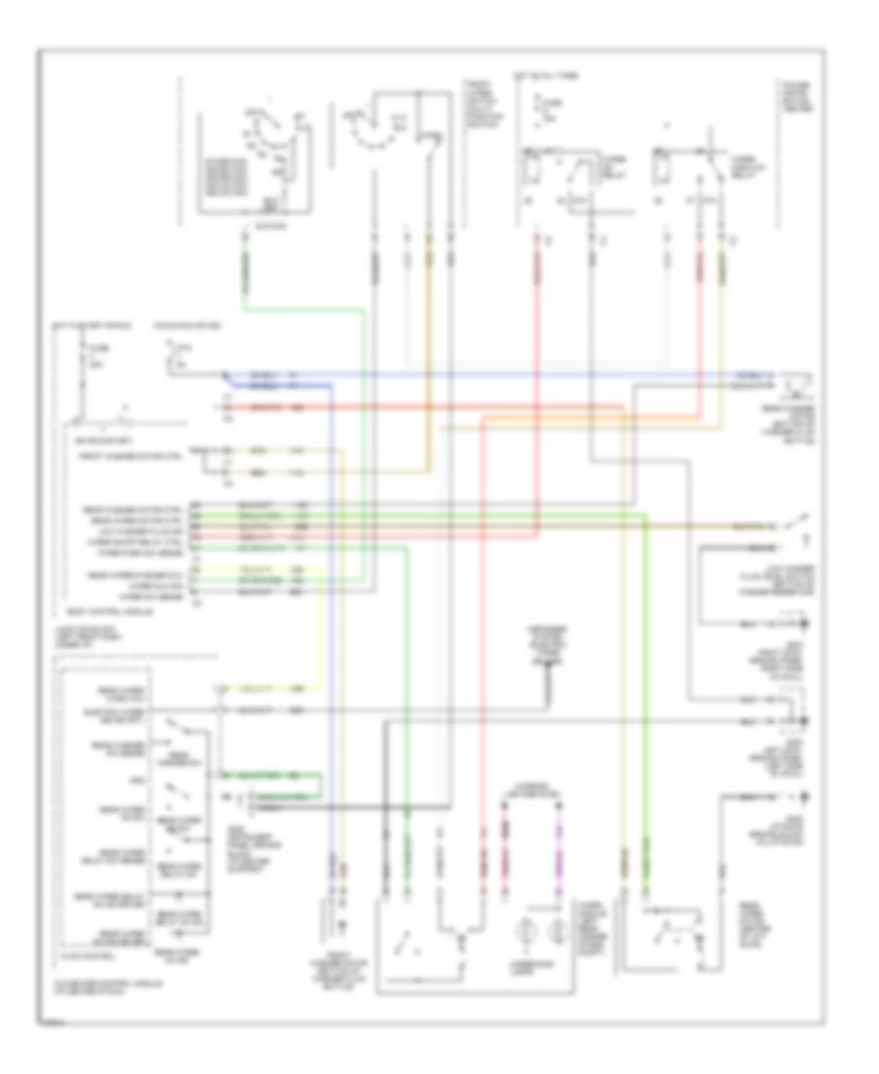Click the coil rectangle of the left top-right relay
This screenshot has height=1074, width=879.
[532, 170]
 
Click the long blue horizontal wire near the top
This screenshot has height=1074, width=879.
[488, 376]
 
